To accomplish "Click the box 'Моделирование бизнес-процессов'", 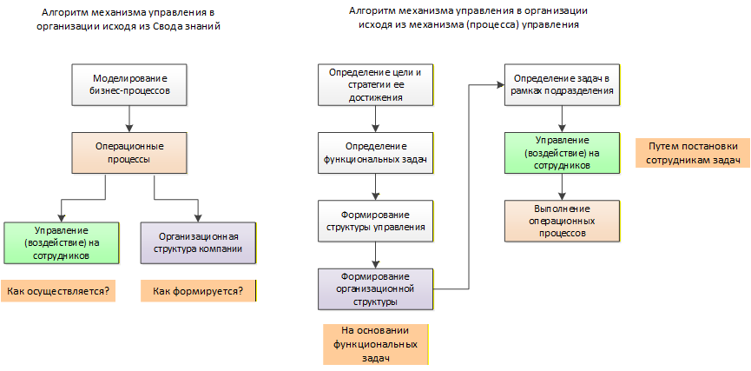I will coord(129,83).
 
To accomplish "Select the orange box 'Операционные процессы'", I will coord(129,152).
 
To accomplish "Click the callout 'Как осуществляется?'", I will coord(59,290).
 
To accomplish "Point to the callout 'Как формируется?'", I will coord(198,290).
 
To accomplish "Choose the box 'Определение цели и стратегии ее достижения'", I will coord(375,84).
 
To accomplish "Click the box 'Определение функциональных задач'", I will coord(375,152).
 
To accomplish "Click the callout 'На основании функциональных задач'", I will coord(375,344).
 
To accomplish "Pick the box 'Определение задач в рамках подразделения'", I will coord(562,84).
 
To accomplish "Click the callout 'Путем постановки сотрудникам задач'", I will coord(692,152).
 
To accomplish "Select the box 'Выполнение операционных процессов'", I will coord(562,220).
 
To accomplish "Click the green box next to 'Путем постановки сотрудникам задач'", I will coord(562,152).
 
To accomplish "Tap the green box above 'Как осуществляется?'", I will coord(61,242).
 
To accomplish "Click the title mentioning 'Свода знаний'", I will coord(128,20).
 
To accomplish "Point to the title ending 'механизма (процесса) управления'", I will coord(468,18).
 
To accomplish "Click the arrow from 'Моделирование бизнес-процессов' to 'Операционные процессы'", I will coord(129,117).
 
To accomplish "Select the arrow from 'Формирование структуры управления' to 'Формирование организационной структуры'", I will coord(375,254).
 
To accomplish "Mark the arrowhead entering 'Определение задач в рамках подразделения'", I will coord(499,84).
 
